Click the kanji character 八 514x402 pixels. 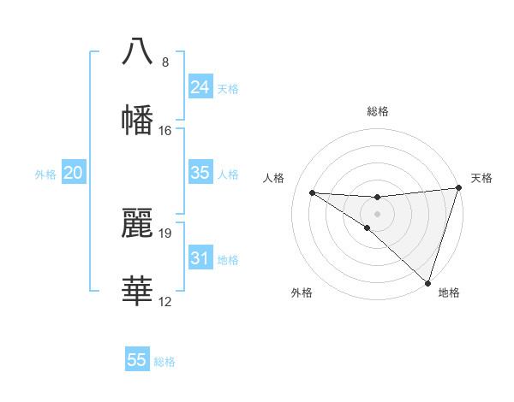[x=138, y=50]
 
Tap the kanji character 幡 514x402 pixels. [x=138, y=121]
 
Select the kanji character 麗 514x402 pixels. [x=138, y=222]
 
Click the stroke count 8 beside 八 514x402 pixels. [x=164, y=62]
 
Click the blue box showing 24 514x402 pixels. [x=200, y=87]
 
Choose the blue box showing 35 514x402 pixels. [x=200, y=173]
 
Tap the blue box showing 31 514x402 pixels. [x=200, y=258]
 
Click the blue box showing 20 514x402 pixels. [x=73, y=173]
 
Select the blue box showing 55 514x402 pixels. [x=137, y=360]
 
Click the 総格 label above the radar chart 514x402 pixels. [x=378, y=111]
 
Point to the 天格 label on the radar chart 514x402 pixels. [x=481, y=178]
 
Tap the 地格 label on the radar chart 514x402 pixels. [x=449, y=293]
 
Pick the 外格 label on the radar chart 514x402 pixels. [x=302, y=293]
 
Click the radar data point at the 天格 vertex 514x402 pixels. [x=458, y=189]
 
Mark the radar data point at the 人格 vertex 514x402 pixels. [x=312, y=192]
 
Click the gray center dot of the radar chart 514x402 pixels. [x=377, y=212]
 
